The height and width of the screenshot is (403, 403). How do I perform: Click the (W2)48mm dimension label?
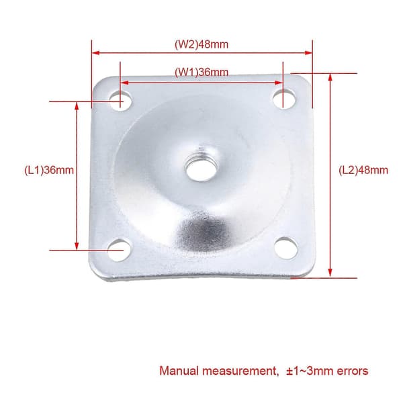(201, 44)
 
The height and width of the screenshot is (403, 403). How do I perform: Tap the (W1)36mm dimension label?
(201, 72)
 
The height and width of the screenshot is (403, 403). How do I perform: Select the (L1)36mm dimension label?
(49, 170)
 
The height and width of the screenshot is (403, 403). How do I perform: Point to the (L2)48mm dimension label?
(363, 170)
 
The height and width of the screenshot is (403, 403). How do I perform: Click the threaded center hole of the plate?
(200, 169)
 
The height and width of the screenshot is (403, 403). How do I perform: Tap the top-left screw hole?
(120, 100)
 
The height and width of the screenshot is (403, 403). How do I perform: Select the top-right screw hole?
(284, 98)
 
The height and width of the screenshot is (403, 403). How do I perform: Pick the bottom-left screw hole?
(119, 250)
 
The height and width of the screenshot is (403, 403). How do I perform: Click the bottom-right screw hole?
(286, 249)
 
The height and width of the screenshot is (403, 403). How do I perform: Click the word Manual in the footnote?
(179, 371)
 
